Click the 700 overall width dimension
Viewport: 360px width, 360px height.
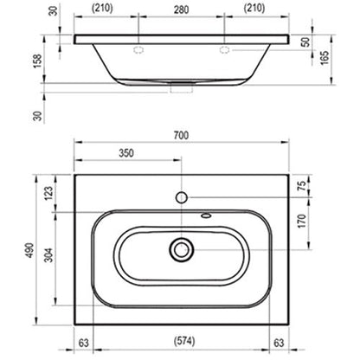[x=181, y=136]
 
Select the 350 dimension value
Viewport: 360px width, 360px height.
[x=126, y=153]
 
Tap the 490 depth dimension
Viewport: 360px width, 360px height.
[x=30, y=250]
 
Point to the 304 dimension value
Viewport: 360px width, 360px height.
[x=49, y=255]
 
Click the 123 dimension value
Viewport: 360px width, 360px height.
[x=48, y=193]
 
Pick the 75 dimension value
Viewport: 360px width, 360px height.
[x=301, y=186]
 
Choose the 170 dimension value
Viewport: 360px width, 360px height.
[x=302, y=221]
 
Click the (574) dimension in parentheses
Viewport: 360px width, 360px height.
[x=184, y=341]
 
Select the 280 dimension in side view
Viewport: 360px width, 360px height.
[x=181, y=10]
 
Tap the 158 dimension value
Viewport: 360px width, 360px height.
[x=38, y=61]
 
